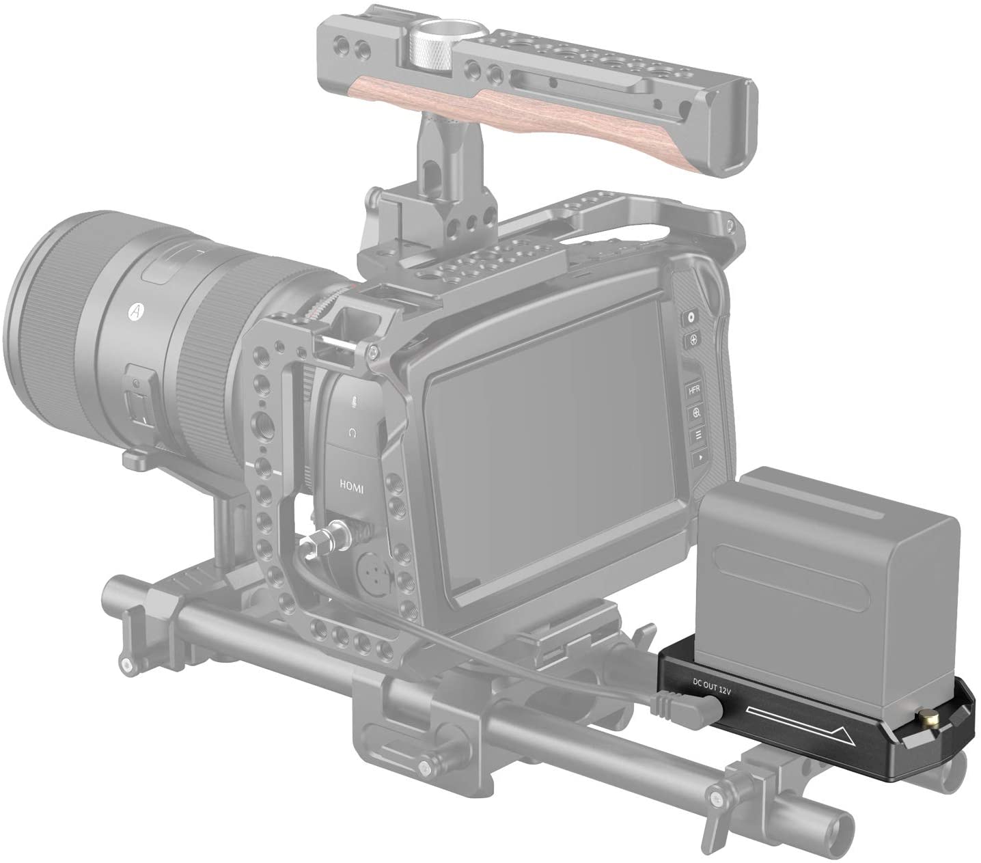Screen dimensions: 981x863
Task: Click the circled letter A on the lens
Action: click(x=135, y=311)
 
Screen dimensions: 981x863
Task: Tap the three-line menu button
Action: click(x=697, y=435)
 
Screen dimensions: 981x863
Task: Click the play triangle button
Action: click(x=699, y=456)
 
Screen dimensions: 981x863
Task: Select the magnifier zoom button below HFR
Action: click(x=696, y=412)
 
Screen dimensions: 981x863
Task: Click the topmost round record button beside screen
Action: click(x=691, y=318)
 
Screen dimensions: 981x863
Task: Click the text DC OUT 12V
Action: click(x=711, y=686)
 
